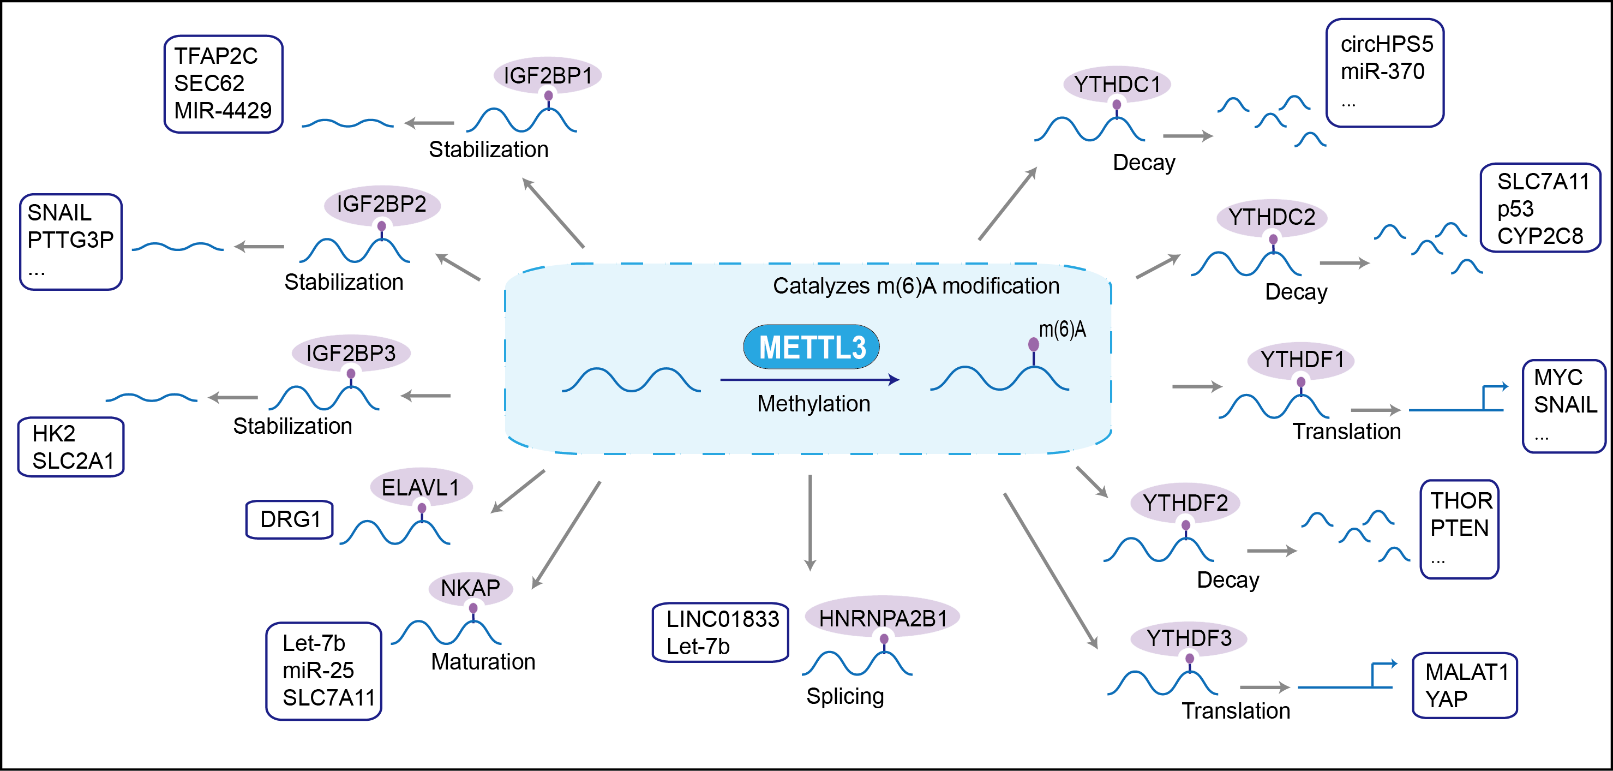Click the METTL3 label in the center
(812, 347)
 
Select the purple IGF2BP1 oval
(547, 75)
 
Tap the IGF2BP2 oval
(381, 204)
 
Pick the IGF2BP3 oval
(351, 353)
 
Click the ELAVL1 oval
(421, 487)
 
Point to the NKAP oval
(470, 588)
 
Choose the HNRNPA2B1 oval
(882, 618)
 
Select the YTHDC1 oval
(1117, 84)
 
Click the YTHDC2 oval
(1272, 217)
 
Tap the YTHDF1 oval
(1302, 360)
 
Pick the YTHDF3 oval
(1189, 638)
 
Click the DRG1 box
(290, 519)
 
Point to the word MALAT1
(1466, 672)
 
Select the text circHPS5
(1386, 44)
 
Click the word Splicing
(845, 696)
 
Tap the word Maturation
(483, 662)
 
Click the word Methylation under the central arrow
(813, 404)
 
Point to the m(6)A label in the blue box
(1063, 330)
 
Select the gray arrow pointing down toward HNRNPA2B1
(810, 523)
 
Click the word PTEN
(1459, 528)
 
